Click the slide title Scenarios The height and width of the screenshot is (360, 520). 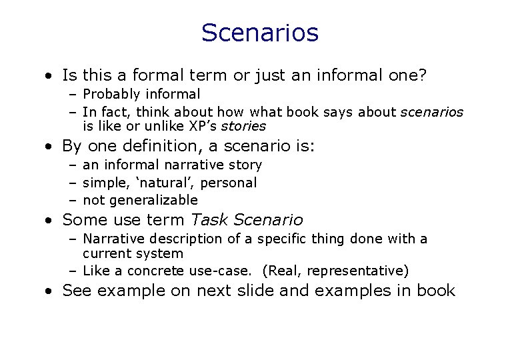pos(260,32)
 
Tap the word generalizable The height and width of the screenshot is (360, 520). pos(153,199)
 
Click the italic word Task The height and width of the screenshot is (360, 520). pos(208,219)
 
